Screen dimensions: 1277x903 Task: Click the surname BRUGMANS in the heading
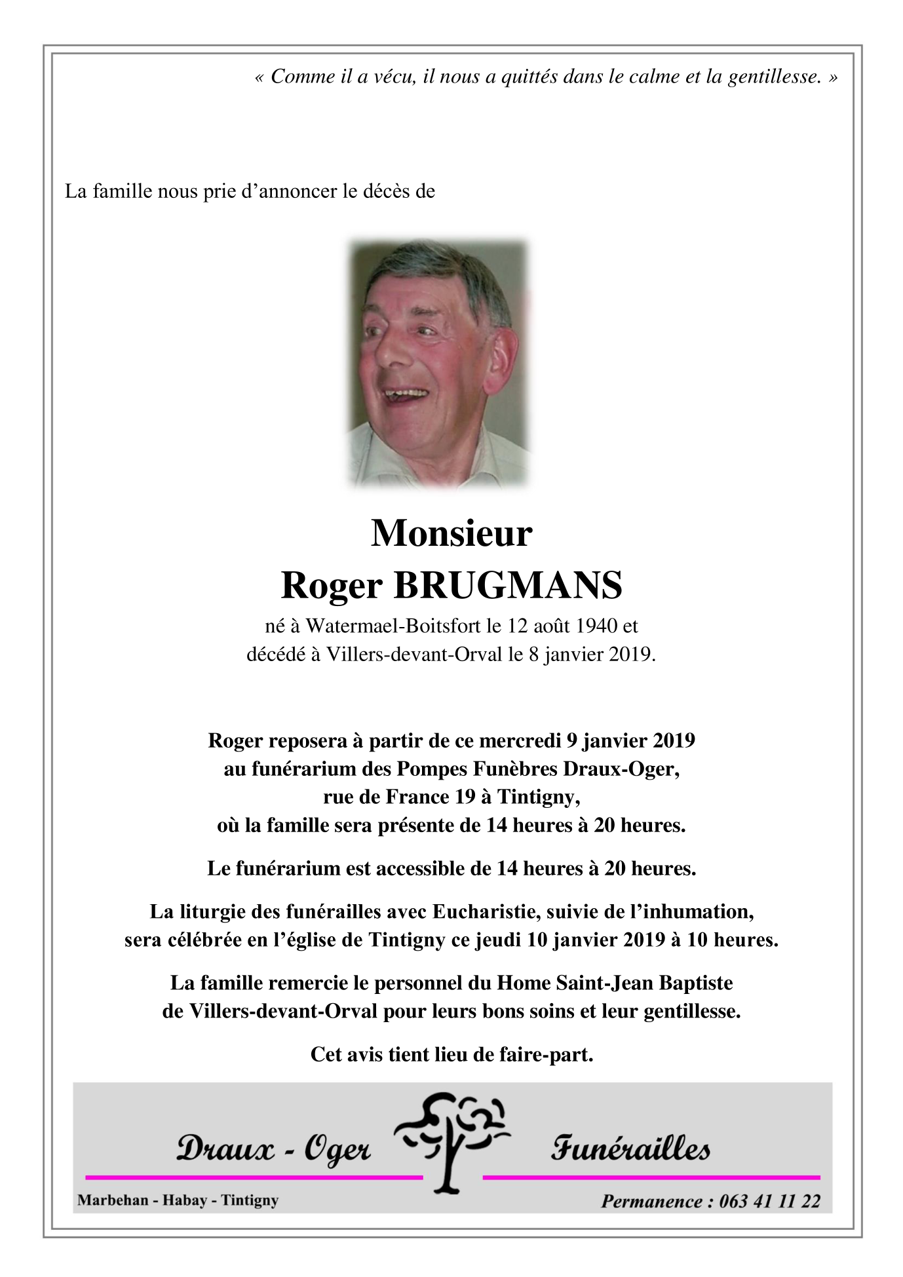(507, 585)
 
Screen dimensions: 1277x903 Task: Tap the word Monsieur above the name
(451, 533)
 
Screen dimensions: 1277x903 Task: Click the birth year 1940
(596, 626)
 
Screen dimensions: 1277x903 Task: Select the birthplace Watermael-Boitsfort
(393, 626)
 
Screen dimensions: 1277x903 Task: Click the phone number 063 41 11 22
(769, 1201)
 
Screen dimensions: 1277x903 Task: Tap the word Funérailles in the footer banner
(630, 1149)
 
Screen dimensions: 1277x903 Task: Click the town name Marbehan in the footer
(113, 1200)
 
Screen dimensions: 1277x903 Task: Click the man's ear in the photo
(501, 357)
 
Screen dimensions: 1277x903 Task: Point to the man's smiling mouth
(406, 395)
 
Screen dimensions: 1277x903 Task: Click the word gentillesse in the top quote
(775, 77)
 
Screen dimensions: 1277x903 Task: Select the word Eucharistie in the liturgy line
(486, 911)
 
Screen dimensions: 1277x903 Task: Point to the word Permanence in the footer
(652, 1201)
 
